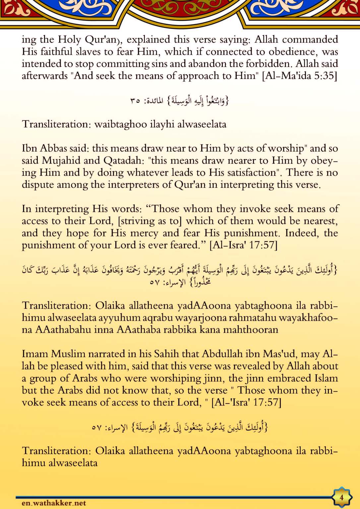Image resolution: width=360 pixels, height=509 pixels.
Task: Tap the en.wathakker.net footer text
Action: [54, 503]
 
